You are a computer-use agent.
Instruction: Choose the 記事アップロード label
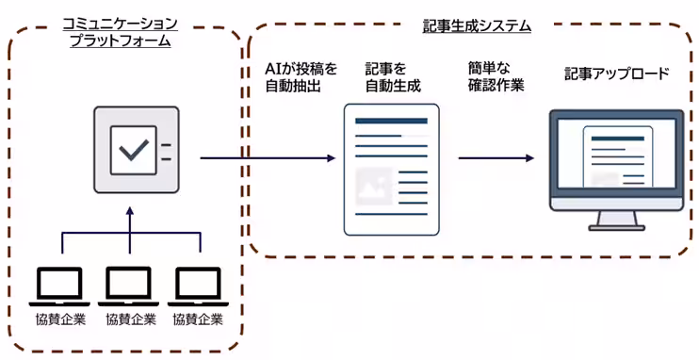click(x=617, y=73)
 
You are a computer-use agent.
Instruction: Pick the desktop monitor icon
click(x=617, y=167)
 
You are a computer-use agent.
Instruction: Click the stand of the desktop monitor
click(x=617, y=222)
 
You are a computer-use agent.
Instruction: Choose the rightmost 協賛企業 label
click(x=198, y=319)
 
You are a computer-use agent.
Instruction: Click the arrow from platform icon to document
click(x=268, y=157)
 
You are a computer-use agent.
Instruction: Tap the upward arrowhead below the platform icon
click(x=130, y=212)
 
